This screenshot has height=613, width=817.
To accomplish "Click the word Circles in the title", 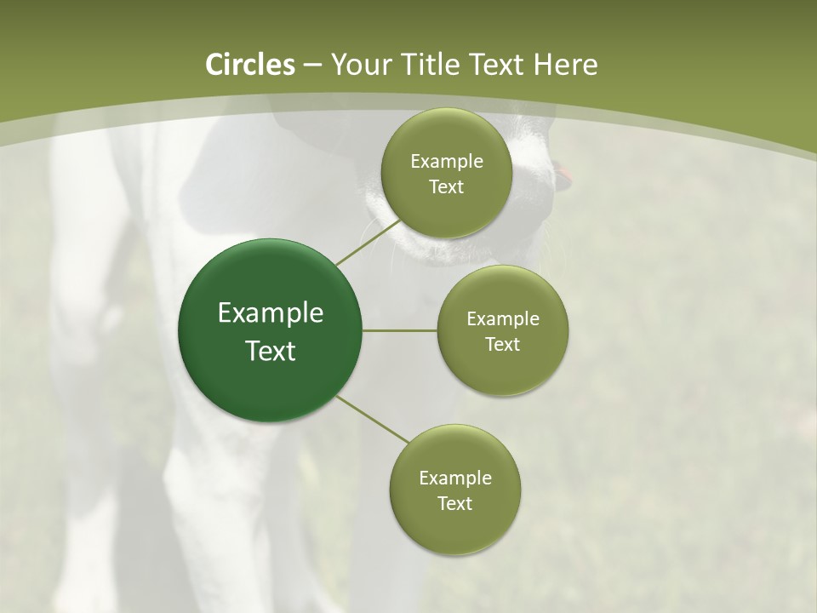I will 250,65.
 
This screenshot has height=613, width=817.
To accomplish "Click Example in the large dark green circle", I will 271,313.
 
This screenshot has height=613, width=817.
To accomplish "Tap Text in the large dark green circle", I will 271,351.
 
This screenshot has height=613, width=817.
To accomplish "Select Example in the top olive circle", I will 446,162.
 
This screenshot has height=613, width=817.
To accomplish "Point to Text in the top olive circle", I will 446,187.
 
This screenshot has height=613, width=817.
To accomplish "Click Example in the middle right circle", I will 502,319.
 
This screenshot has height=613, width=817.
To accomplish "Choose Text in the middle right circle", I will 502,345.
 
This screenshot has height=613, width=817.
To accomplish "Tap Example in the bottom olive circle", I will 454,478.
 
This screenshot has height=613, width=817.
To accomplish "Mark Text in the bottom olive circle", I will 454,504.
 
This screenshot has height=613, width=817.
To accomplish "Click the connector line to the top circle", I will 368,243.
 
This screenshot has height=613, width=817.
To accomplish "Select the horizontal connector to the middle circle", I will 400,330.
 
